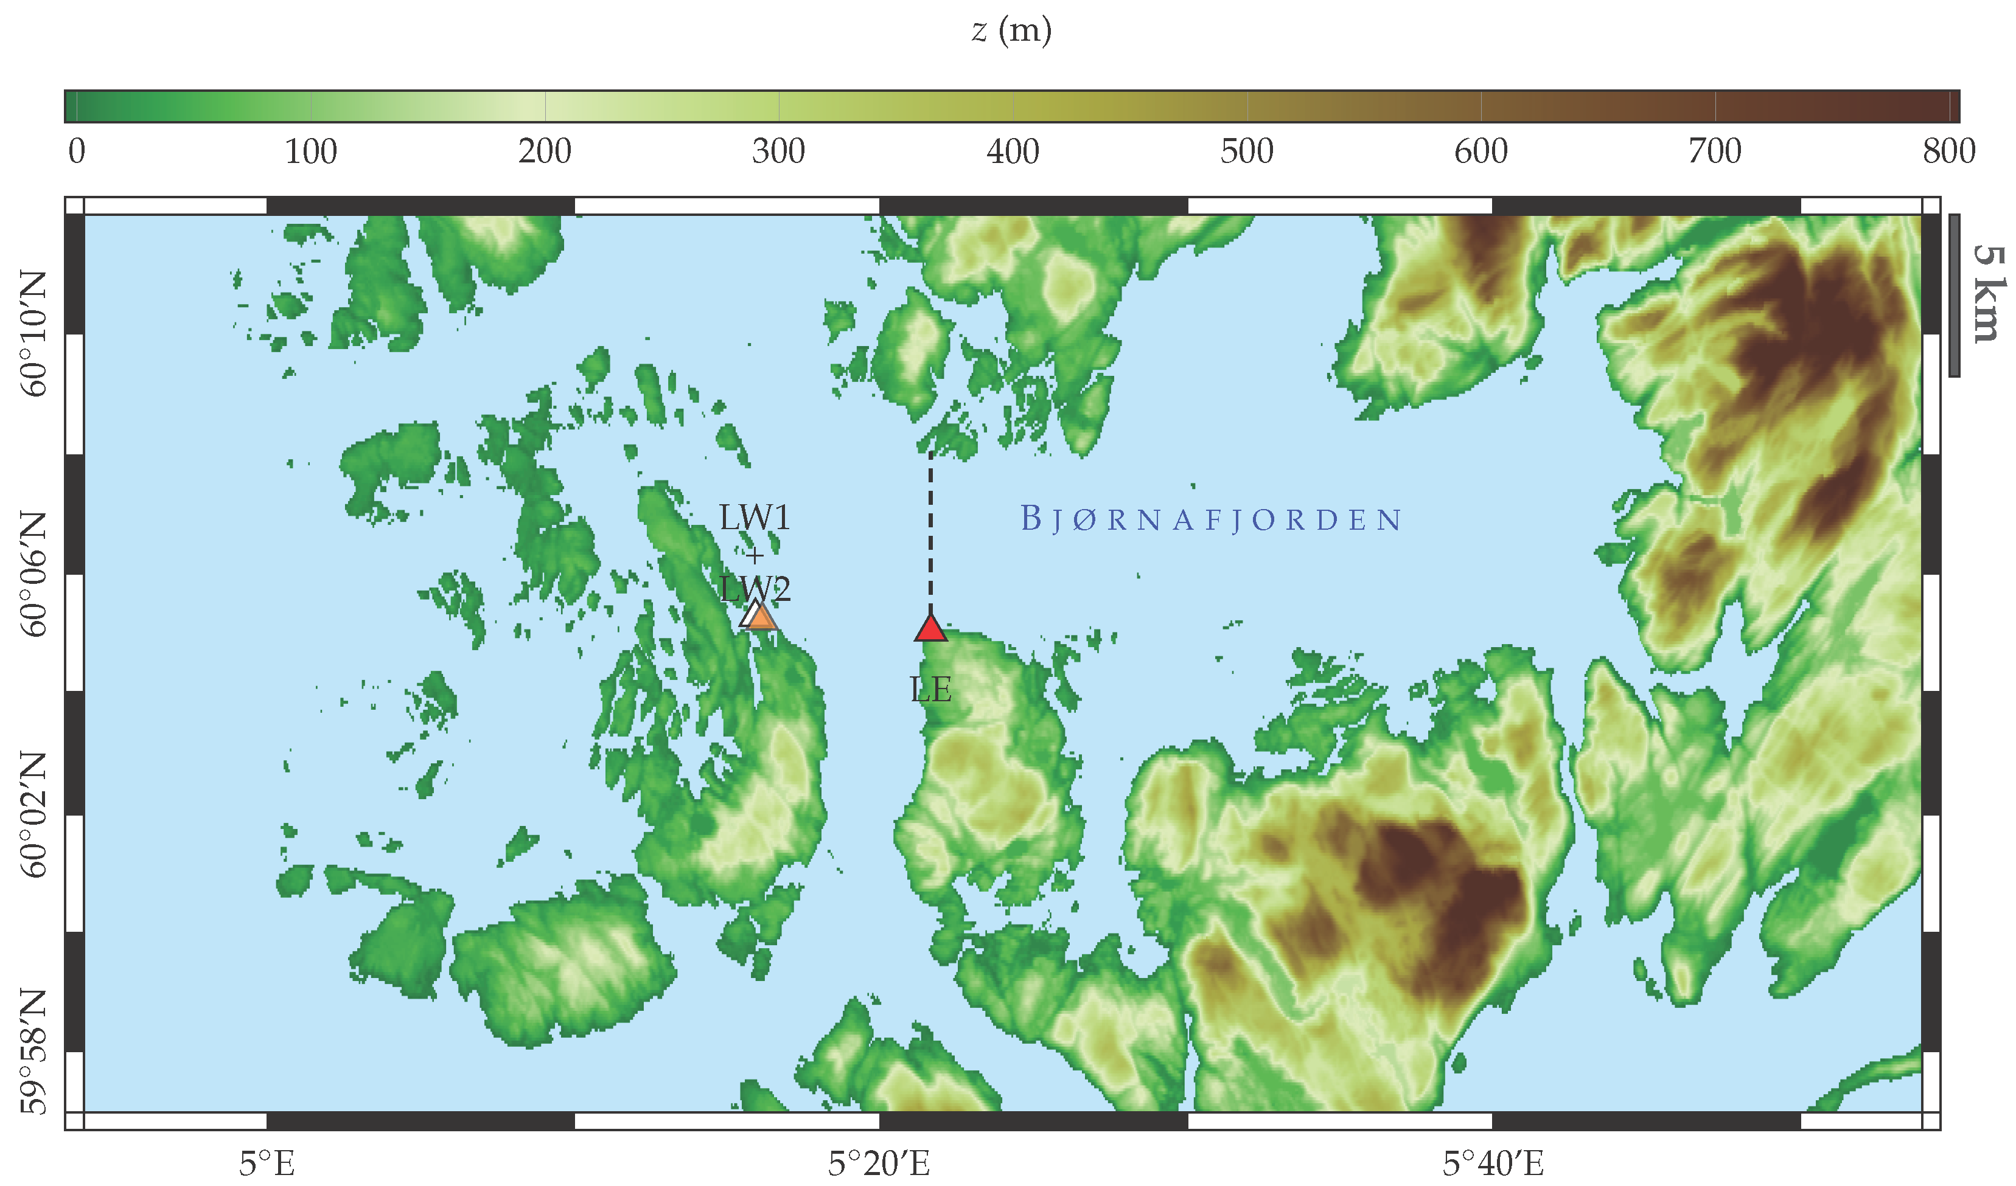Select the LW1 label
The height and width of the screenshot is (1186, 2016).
tap(755, 518)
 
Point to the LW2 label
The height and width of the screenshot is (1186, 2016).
tap(755, 589)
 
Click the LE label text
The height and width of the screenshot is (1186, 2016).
tap(930, 689)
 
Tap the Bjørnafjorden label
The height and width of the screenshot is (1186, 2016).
tap(1211, 520)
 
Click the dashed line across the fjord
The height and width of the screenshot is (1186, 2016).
tap(930, 536)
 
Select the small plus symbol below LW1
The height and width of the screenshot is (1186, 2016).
tap(755, 555)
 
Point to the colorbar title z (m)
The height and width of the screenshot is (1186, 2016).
tap(1011, 30)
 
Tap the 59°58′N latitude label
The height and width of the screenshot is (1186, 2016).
tap(33, 1052)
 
